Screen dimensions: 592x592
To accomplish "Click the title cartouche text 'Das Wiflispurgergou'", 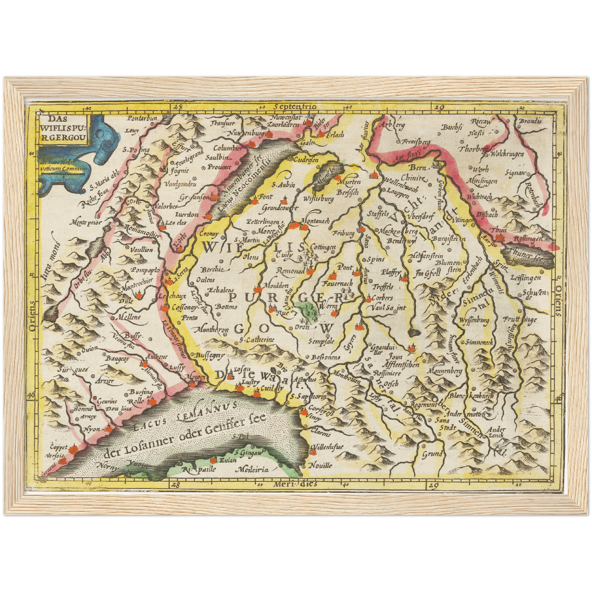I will tap(64, 128).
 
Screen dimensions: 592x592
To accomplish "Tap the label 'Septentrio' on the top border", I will tap(296, 107).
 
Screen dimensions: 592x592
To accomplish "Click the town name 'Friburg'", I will tap(343, 233).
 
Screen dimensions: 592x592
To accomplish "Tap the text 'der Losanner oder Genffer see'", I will tap(184, 436).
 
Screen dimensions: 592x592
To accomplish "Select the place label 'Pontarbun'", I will tap(142, 118).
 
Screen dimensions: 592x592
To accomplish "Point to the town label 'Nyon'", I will tap(92, 429).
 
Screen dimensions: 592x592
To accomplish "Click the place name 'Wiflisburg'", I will tap(318, 199).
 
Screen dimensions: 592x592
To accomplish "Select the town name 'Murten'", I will tap(350, 181).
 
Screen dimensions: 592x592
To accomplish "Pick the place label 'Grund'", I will tap(432, 454).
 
